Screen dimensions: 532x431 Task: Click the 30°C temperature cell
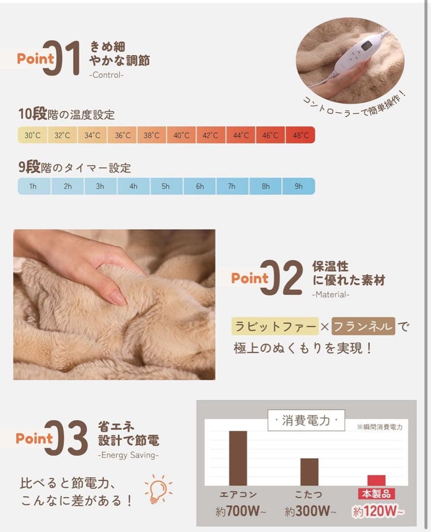click(x=33, y=135)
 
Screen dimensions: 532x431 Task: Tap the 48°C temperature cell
click(x=300, y=135)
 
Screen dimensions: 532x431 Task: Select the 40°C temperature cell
click(x=181, y=135)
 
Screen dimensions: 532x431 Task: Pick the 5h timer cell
click(x=166, y=186)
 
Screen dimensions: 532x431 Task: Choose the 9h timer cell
click(x=299, y=186)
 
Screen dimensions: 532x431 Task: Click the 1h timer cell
click(x=33, y=186)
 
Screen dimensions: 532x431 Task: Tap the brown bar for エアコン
click(x=238, y=458)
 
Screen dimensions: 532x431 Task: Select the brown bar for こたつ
click(x=309, y=472)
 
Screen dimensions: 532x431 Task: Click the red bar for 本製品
click(x=376, y=480)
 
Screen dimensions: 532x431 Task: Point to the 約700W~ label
click(x=240, y=512)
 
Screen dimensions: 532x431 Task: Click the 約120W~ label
click(x=378, y=512)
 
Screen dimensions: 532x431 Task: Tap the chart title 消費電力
click(x=306, y=421)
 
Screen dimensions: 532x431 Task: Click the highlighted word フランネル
click(x=363, y=326)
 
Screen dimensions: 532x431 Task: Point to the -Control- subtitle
click(x=107, y=75)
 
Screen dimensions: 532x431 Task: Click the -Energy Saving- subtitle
click(x=129, y=455)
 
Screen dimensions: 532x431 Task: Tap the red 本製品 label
click(x=376, y=494)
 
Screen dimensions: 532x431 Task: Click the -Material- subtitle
click(x=331, y=295)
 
